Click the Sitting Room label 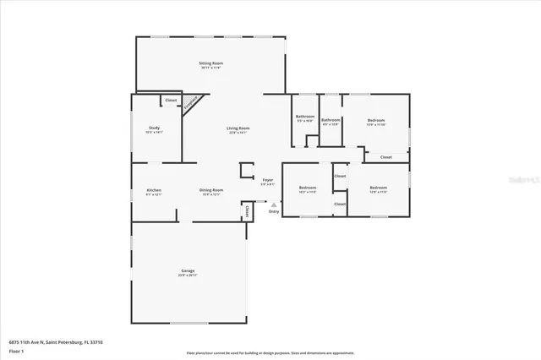[x=211, y=64]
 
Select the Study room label [x=154, y=128]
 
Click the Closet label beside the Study [x=171, y=100]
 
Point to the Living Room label [x=238, y=128]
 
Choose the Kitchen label [x=154, y=190]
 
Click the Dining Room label [x=211, y=190]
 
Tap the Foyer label [x=267, y=180]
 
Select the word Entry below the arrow [x=274, y=211]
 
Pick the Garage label [x=187, y=271]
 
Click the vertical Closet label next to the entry [x=247, y=209]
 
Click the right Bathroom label [x=331, y=120]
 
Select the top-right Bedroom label [x=376, y=121]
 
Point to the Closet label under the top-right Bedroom [x=385, y=156]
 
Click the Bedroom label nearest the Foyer [x=307, y=187]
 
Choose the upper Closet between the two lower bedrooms [x=340, y=176]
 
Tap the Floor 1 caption [x=16, y=350]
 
